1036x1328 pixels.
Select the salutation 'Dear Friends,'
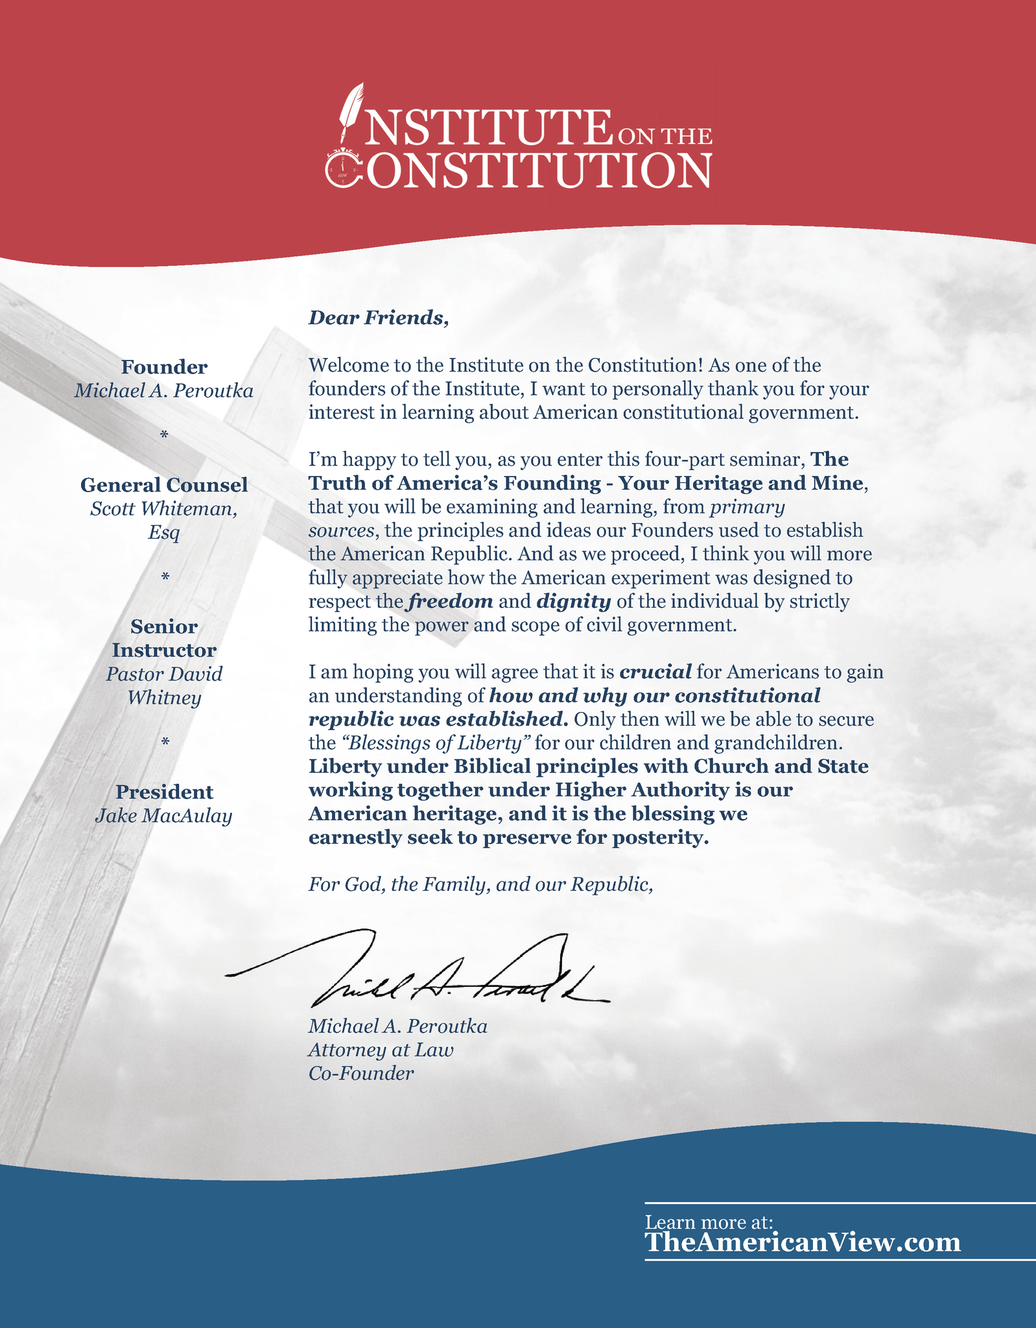[x=378, y=318]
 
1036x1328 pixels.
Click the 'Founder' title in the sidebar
[x=164, y=367]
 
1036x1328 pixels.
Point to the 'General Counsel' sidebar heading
[x=164, y=484]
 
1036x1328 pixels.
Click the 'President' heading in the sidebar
[x=164, y=792]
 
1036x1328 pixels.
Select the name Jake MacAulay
[x=163, y=815]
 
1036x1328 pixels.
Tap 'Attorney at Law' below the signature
[x=381, y=1050]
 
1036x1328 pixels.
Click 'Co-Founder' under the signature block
[x=360, y=1074]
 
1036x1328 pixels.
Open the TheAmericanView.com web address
[x=802, y=1242]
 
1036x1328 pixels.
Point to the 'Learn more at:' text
[x=709, y=1222]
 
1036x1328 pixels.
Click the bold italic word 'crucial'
[x=655, y=672]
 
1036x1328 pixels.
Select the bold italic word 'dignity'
[x=573, y=602]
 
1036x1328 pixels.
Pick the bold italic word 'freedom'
[x=450, y=602]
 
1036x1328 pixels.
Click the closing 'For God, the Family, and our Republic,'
[x=480, y=884]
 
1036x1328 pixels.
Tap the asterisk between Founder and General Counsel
[x=164, y=435]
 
